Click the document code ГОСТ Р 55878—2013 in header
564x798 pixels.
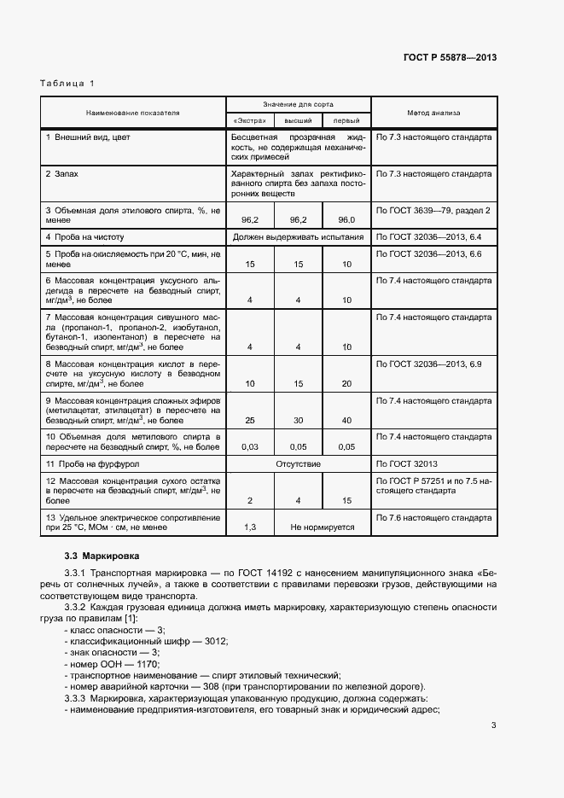click(x=450, y=58)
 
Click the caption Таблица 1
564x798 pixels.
click(x=67, y=83)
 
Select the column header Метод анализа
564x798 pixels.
click(x=433, y=112)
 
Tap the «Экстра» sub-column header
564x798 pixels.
click(x=249, y=120)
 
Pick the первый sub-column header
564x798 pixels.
click(x=346, y=120)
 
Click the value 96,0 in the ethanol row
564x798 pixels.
click(x=346, y=220)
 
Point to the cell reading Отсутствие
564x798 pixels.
click(x=298, y=463)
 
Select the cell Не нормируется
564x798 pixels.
click(x=323, y=527)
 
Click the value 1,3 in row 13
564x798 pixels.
click(x=250, y=527)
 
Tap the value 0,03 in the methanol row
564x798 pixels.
click(x=250, y=446)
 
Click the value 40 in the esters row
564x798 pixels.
click(x=346, y=420)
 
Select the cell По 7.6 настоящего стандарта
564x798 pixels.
click(x=433, y=518)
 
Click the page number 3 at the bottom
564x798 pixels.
click(x=493, y=726)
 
